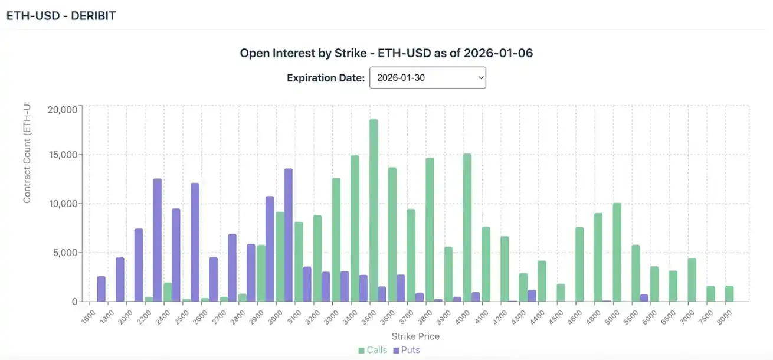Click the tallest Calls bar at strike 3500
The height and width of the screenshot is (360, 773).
[374, 210]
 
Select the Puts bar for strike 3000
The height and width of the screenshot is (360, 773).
[289, 235]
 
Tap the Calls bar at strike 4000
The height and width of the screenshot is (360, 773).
[467, 227]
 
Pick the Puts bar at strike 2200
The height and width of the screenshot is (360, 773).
[158, 240]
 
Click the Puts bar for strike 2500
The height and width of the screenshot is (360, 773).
[195, 242]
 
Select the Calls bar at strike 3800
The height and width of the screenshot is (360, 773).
[430, 230]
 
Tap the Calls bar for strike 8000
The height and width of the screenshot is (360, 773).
[729, 293]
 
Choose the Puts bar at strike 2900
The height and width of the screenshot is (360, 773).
[270, 248]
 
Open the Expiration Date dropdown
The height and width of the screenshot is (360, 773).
[427, 78]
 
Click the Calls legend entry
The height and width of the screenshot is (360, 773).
[373, 350]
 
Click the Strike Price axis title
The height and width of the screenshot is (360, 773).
[415, 336]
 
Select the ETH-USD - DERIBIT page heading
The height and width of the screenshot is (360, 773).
[61, 16]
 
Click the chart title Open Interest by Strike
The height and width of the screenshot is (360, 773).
[386, 53]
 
